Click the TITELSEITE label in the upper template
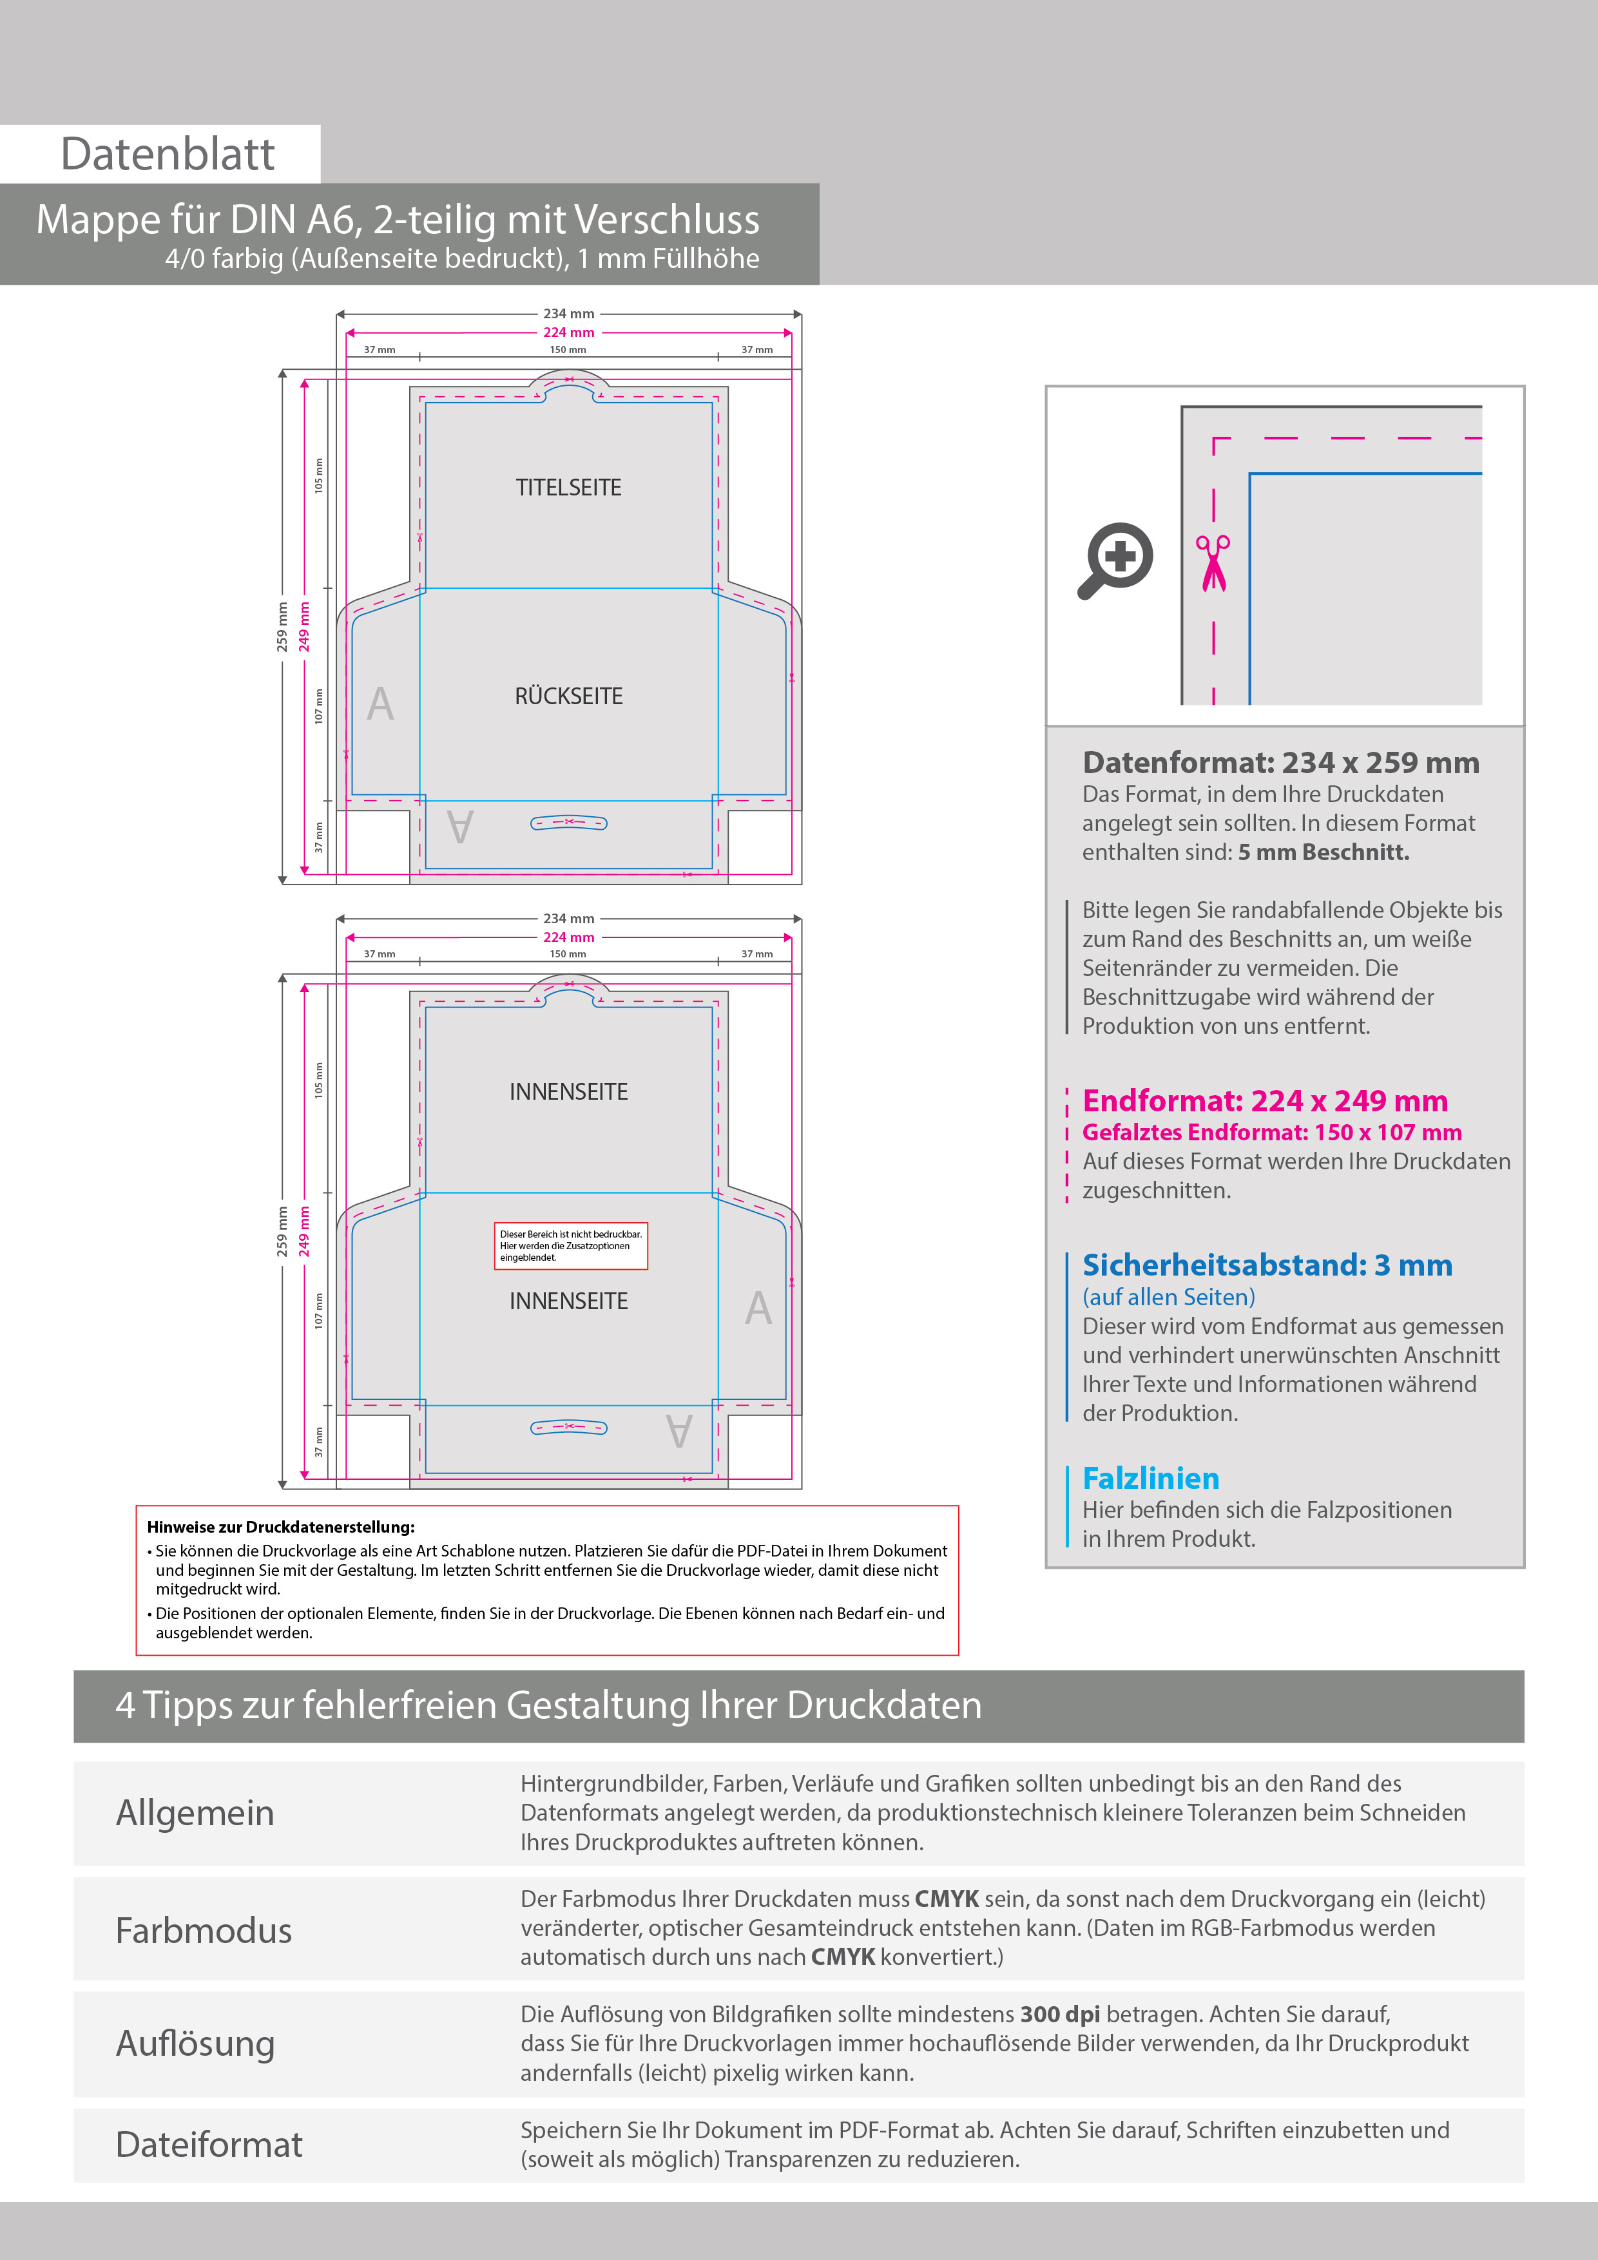[x=568, y=487]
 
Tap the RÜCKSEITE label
[x=568, y=696]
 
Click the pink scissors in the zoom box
[x=1213, y=563]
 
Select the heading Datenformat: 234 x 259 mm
[x=1280, y=762]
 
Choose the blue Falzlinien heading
[x=1150, y=1479]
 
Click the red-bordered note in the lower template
[x=571, y=1245]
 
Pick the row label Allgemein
[x=195, y=1813]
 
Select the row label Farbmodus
[x=204, y=1930]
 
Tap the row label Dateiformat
[x=209, y=2145]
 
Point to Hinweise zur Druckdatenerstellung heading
[x=280, y=1527]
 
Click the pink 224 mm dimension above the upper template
[x=569, y=332]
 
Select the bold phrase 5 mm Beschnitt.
[x=1324, y=852]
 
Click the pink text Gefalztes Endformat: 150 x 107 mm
[x=1272, y=1132]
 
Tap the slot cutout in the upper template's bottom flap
[x=569, y=822]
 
